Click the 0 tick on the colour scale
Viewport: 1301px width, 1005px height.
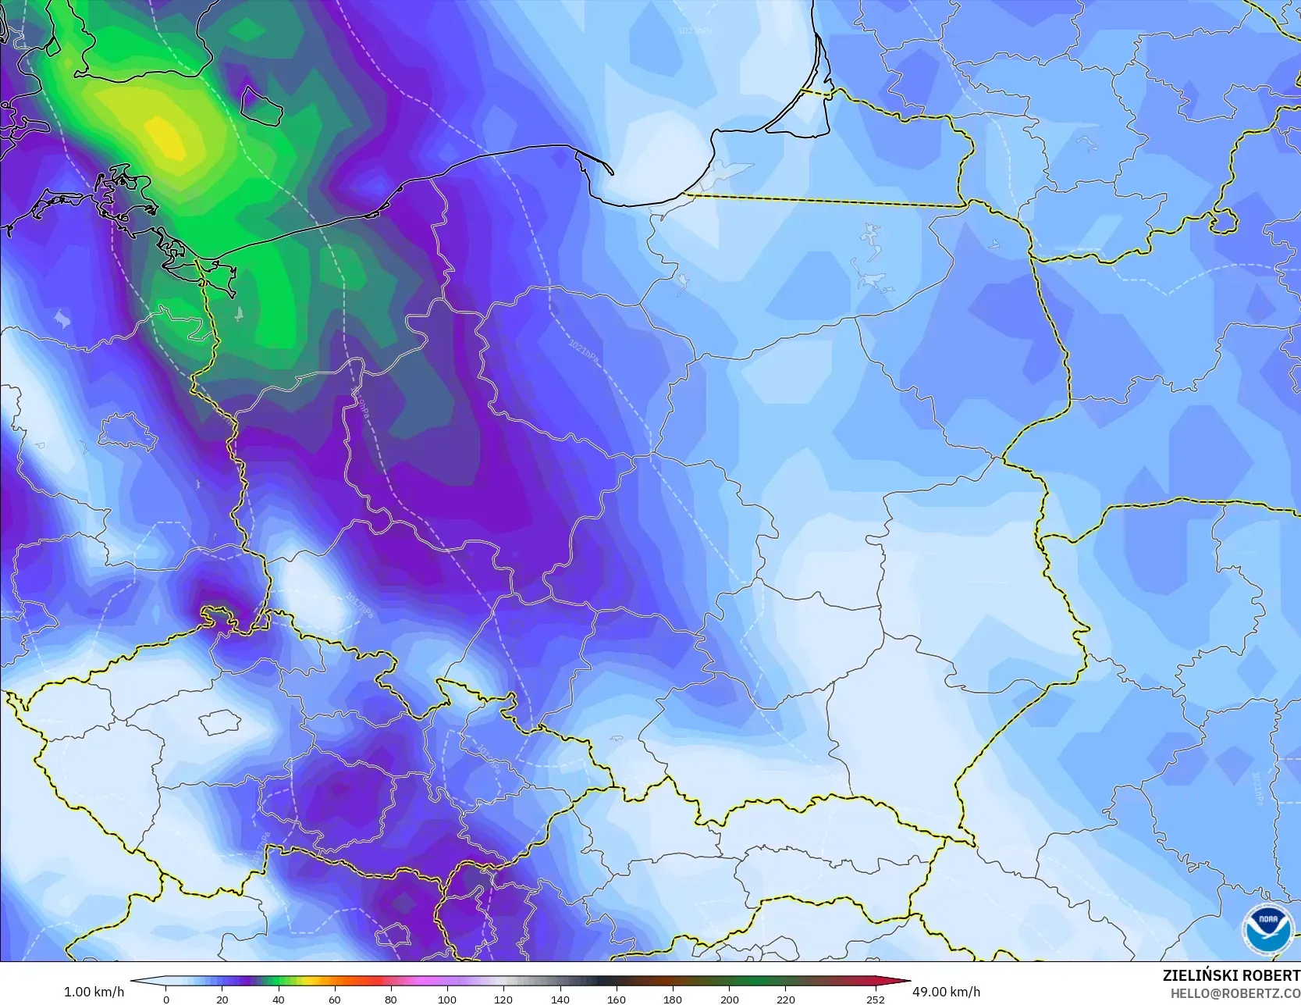pos(166,999)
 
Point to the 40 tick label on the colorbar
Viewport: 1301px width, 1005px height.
pos(279,999)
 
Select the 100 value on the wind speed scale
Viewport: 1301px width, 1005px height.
pos(446,999)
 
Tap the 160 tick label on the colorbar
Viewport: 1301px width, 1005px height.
pos(616,999)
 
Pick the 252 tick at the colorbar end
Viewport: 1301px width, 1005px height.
pos(875,999)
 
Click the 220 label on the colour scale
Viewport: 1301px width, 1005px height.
pos(785,999)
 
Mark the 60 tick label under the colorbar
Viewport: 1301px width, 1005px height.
pos(335,999)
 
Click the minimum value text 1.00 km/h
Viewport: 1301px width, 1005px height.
pos(94,992)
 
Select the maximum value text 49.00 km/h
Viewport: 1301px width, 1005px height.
pos(946,992)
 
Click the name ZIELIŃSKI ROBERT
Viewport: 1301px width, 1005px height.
pos(1231,975)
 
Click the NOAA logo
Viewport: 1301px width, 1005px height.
pos(1267,930)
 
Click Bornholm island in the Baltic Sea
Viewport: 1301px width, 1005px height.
pos(261,105)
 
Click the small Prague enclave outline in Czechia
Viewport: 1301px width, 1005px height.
pos(219,722)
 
